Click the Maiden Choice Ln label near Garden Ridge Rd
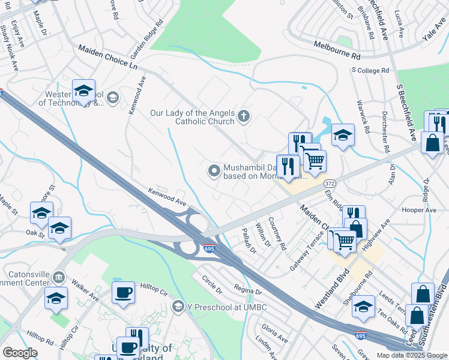coord(106,58)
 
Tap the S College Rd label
coord(370,70)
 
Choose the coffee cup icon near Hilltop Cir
coord(123,292)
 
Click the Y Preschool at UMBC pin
coord(178,307)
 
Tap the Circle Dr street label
coord(212,280)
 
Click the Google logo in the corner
coord(20,353)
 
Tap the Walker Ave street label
coord(85,290)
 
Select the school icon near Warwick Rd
coord(343,134)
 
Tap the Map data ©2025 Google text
coord(411,355)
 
